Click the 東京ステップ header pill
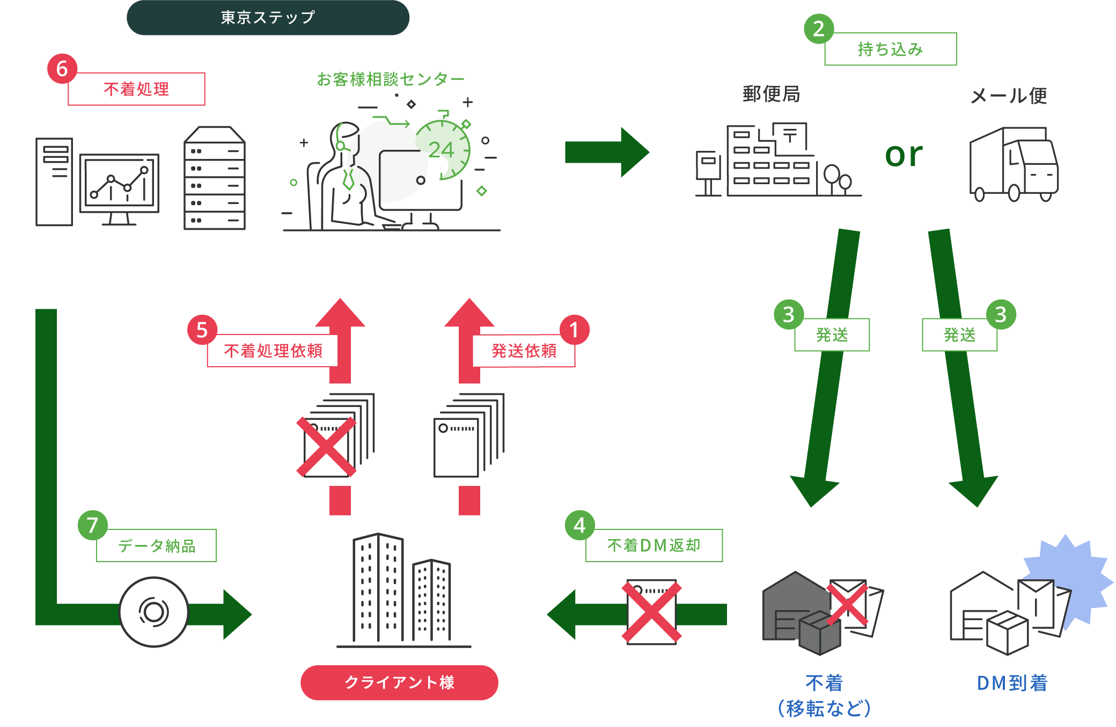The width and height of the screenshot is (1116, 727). pyautogui.click(x=268, y=18)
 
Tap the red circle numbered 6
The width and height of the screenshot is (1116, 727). pyautogui.click(x=62, y=69)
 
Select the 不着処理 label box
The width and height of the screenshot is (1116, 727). pyautogui.click(x=136, y=89)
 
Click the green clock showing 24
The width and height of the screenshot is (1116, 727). pyautogui.click(x=443, y=150)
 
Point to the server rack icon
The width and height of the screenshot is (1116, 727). pyautogui.click(x=215, y=178)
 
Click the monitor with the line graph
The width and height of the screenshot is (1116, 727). pyautogui.click(x=119, y=184)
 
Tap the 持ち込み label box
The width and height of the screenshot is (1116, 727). pyautogui.click(x=890, y=49)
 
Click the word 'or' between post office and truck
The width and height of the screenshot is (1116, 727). pyautogui.click(x=904, y=155)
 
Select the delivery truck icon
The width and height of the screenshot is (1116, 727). pyautogui.click(x=1014, y=164)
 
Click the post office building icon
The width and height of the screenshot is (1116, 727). pyautogui.click(x=777, y=161)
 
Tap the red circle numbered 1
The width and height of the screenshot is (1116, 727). pyautogui.click(x=574, y=330)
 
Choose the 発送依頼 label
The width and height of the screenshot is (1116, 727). pyautogui.click(x=524, y=351)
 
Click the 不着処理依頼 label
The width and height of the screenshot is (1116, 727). pyautogui.click(x=273, y=351)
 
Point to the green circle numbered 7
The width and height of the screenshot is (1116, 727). pyautogui.click(x=92, y=525)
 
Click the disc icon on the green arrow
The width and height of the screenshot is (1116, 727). pyautogui.click(x=153, y=612)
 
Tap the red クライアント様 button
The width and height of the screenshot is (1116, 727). pyautogui.click(x=399, y=682)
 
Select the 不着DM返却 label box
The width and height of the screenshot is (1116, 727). pyautogui.click(x=654, y=546)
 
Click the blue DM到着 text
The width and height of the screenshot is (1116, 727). pyautogui.click(x=1012, y=683)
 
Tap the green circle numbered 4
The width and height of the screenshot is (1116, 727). pyautogui.click(x=579, y=525)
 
